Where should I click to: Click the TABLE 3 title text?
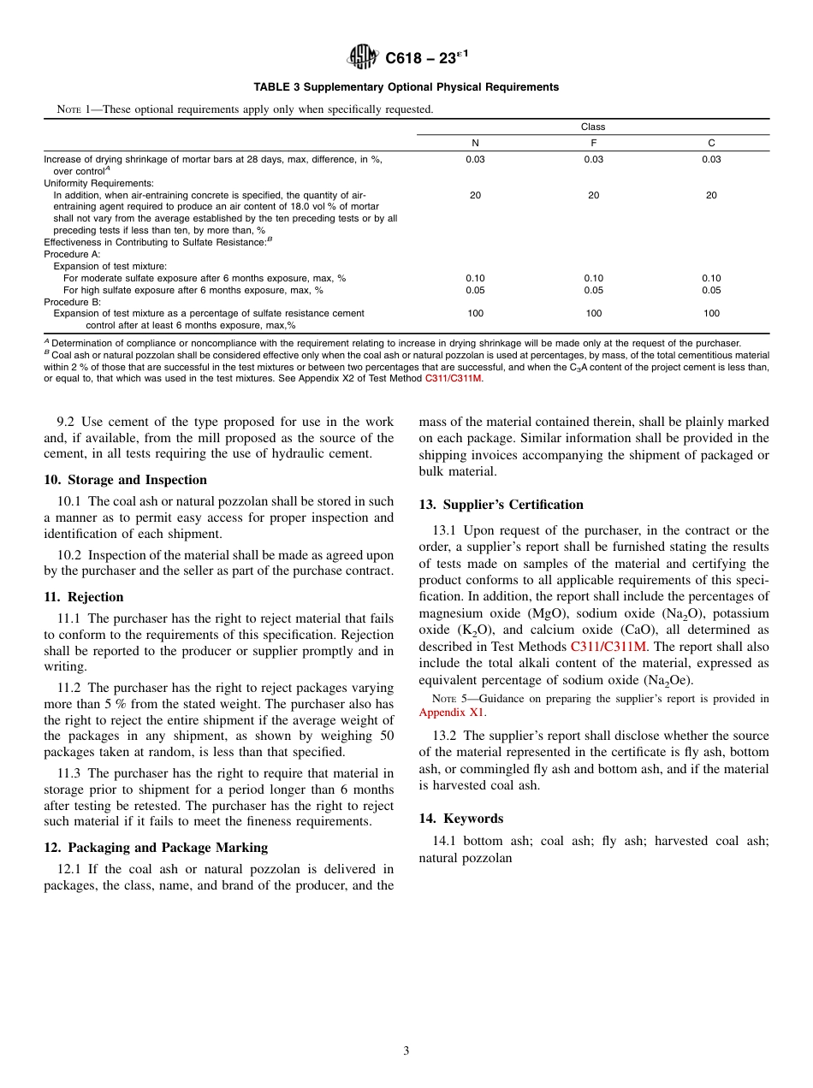click(x=406, y=87)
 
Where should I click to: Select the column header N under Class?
click(x=475, y=143)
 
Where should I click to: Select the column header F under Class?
click(x=593, y=143)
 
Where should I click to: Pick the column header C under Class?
click(x=711, y=143)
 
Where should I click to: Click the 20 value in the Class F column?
click(x=593, y=196)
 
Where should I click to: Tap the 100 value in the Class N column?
click(x=475, y=314)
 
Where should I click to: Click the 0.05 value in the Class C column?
click(x=711, y=290)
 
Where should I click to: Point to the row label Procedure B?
click(x=73, y=302)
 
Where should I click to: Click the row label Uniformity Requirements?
click(x=98, y=183)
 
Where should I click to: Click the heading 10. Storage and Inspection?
click(x=125, y=480)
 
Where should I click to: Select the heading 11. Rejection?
click(x=84, y=597)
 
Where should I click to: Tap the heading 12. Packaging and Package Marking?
click(x=156, y=848)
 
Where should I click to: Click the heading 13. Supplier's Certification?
click(x=501, y=505)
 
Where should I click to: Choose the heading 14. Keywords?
click(x=461, y=819)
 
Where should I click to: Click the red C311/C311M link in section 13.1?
click(x=608, y=647)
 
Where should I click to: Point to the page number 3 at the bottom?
click(x=406, y=1051)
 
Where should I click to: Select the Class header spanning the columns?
click(x=593, y=127)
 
